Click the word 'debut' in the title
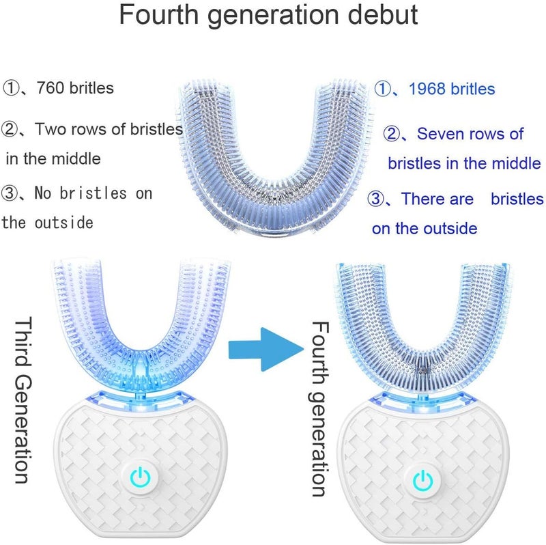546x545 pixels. click(383, 14)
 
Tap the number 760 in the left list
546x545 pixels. click(51, 88)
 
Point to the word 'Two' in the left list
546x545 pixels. click(48, 129)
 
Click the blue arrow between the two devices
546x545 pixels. click(265, 349)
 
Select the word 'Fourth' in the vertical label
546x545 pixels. click(319, 352)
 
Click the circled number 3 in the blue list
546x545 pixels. click(376, 199)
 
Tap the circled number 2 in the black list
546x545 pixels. click(10, 129)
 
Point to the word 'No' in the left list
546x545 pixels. click(43, 193)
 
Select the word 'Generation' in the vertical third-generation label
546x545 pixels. click(24, 429)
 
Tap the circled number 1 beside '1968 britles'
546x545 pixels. click(383, 89)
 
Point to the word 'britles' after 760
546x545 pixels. click(91, 88)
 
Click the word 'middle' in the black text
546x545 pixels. click(76, 159)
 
